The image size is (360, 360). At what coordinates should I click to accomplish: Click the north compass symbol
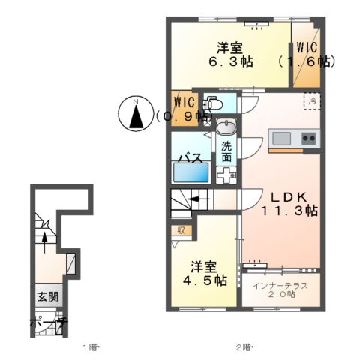tap(136, 115)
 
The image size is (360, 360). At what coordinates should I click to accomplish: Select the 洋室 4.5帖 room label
tap(208, 273)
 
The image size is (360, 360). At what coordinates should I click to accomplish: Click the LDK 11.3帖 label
tap(289, 203)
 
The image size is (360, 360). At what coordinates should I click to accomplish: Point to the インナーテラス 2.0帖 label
tap(281, 289)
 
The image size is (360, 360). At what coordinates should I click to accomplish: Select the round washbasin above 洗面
tap(226, 127)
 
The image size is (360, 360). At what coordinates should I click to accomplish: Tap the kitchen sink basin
tap(281, 139)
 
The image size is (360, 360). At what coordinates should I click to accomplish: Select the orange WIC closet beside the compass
tap(184, 106)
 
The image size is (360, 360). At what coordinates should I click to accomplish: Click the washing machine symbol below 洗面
tap(226, 174)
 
